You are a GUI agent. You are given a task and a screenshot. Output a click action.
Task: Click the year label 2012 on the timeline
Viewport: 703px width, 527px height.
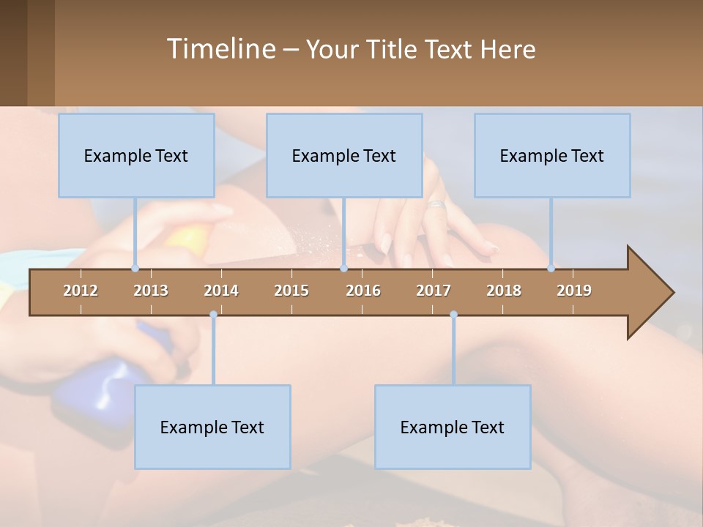coord(81,291)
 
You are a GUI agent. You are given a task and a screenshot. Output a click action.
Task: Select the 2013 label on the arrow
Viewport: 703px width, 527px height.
coord(151,291)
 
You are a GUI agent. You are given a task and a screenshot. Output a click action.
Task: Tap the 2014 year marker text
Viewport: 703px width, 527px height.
coord(221,291)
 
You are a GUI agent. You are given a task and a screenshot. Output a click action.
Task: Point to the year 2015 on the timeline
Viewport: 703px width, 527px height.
coord(291,291)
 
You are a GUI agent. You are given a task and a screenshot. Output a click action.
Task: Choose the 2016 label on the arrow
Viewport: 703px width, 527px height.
coord(363,291)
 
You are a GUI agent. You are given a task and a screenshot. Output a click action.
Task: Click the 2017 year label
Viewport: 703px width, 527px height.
coord(434,291)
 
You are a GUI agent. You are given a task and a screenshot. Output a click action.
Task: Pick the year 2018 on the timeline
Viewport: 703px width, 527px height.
coord(504,291)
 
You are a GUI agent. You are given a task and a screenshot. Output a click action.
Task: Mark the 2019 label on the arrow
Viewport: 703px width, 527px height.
coord(574,291)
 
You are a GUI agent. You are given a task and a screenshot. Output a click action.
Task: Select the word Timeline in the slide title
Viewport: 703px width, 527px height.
coord(220,49)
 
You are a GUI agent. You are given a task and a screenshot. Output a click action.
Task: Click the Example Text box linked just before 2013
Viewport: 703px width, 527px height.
coord(136,155)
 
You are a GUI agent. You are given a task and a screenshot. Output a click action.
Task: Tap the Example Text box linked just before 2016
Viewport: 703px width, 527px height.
coord(344,155)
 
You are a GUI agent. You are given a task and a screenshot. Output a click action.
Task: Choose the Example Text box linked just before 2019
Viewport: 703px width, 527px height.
coord(552,155)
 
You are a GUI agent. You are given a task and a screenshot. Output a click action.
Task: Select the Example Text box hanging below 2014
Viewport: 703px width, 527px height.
coord(212,427)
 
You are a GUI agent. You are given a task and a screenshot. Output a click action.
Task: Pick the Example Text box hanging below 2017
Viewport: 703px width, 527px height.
coord(453,427)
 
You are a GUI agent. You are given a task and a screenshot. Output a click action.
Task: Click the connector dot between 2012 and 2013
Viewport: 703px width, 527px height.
coord(135,269)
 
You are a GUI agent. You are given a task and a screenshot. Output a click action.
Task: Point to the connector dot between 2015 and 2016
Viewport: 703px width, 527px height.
coord(343,269)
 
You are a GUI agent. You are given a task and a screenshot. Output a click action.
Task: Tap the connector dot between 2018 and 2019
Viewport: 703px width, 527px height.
coord(551,269)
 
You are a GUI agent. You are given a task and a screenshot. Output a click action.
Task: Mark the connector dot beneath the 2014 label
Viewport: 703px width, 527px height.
coord(213,315)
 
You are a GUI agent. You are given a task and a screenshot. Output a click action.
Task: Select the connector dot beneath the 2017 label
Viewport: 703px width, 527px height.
coord(453,315)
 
